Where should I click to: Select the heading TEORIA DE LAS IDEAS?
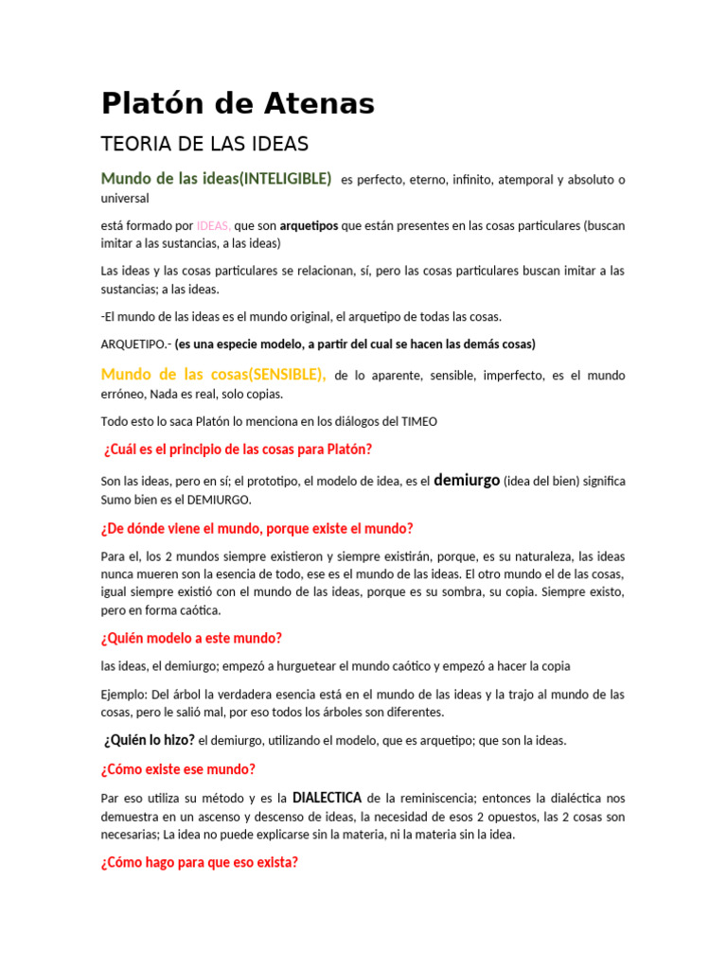point(204,145)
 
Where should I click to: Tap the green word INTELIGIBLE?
point(286,179)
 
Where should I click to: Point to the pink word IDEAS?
point(213,226)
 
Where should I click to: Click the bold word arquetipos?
point(309,226)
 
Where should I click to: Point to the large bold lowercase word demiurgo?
point(466,480)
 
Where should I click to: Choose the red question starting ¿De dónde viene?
point(257,528)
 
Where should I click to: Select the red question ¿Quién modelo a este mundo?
point(191,638)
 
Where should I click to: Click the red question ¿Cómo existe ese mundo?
point(178,769)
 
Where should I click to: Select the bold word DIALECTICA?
point(327,798)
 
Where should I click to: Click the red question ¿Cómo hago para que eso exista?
point(200,862)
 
